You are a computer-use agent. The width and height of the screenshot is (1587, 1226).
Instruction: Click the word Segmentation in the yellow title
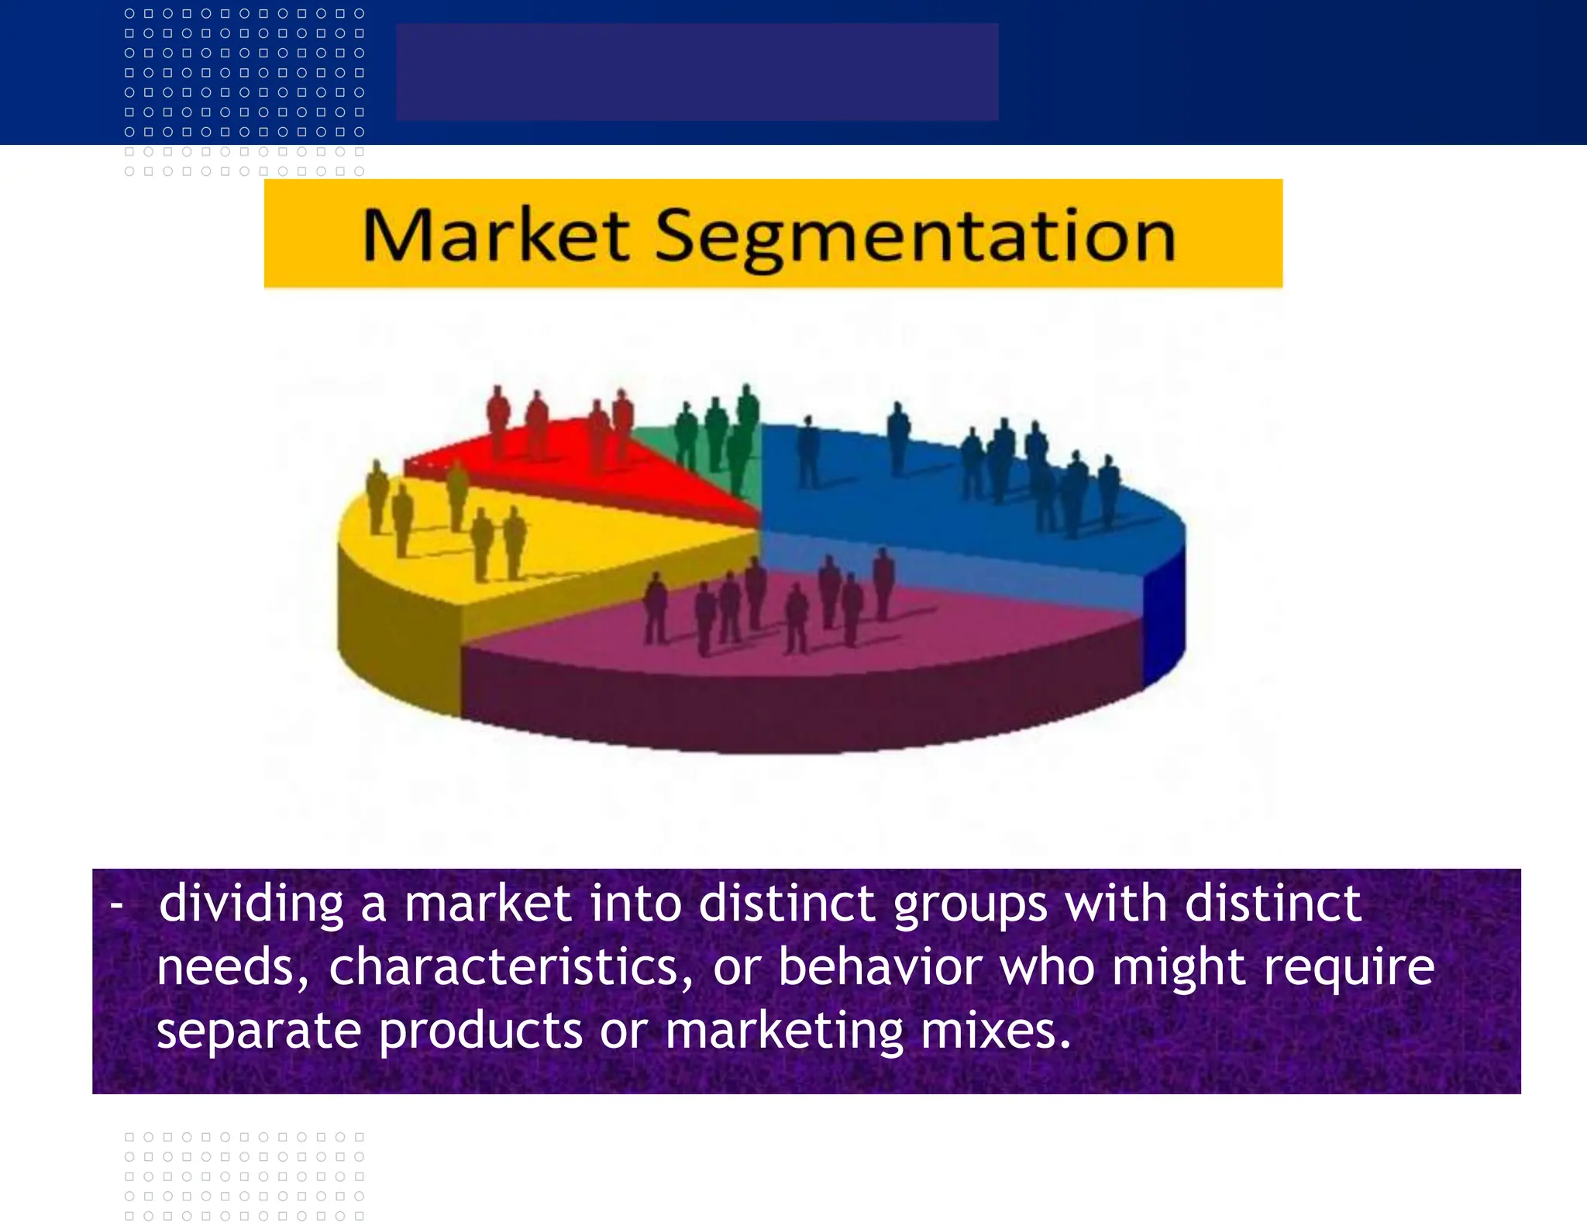[915, 236]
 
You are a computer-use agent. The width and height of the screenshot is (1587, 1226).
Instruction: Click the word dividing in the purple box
[250, 904]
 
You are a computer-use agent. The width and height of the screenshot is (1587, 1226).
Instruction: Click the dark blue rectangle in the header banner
[697, 71]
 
